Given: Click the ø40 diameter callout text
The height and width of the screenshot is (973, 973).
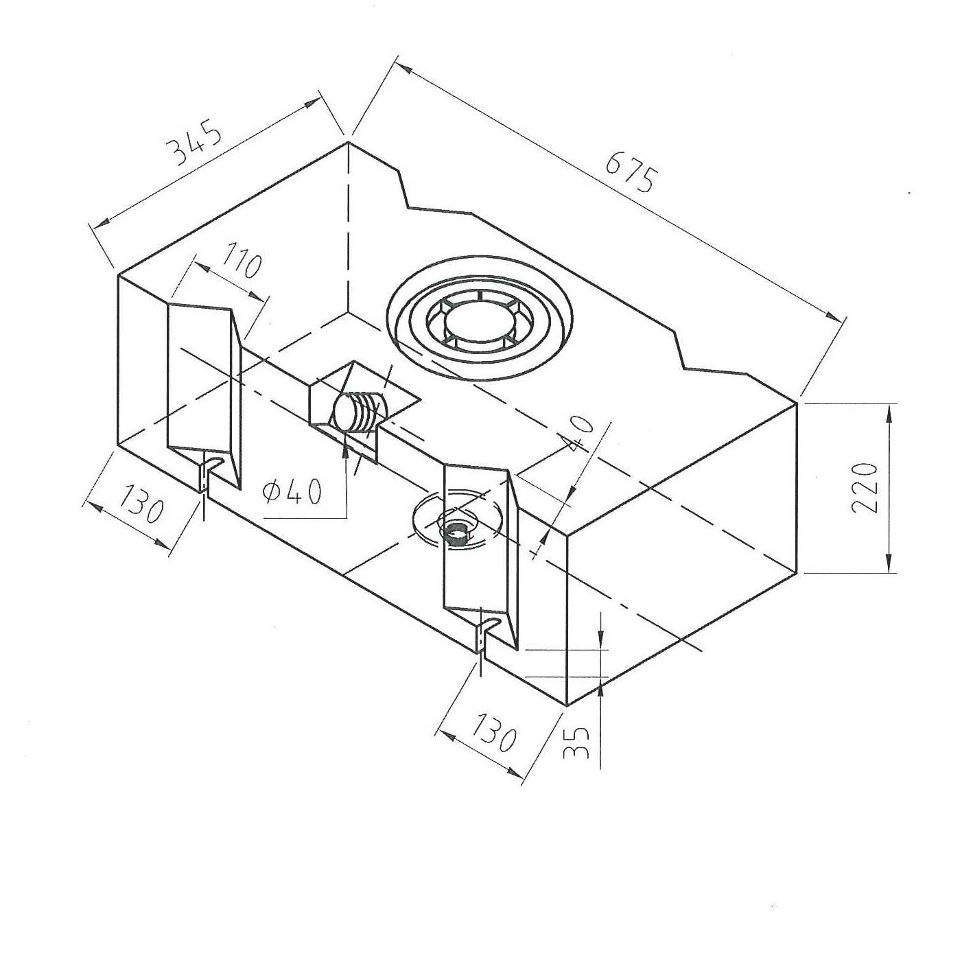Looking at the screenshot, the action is [x=292, y=491].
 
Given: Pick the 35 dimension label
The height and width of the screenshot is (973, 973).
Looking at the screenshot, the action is [x=575, y=742].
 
